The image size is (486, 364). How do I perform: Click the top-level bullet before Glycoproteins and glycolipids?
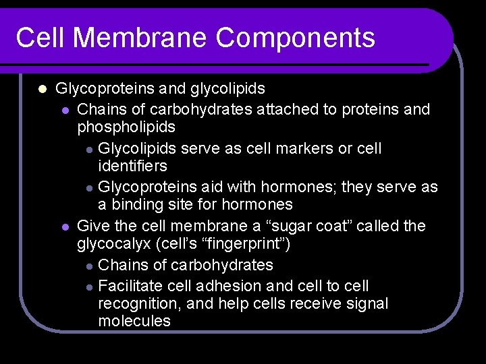42,89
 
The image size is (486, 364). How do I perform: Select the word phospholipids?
126,127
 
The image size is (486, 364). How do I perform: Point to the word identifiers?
132,165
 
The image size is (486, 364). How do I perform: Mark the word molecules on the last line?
134,321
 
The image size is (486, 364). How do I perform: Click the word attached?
287,109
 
